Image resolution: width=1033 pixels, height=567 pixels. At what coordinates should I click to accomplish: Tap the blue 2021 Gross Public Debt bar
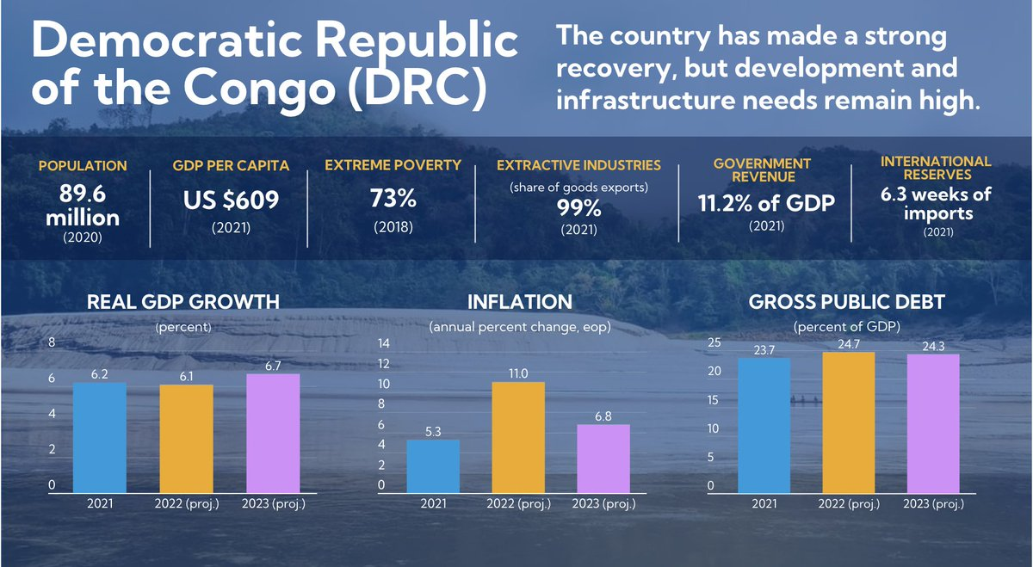point(763,426)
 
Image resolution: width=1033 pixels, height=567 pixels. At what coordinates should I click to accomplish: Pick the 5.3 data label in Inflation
point(433,432)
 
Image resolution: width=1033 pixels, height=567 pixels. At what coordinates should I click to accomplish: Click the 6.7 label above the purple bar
point(273,367)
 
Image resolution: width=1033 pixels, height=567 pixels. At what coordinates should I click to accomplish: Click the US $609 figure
point(231,200)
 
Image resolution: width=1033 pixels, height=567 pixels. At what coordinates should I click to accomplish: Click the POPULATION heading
point(83,166)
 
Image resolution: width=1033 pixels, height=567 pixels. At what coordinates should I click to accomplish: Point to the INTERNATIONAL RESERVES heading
point(936,168)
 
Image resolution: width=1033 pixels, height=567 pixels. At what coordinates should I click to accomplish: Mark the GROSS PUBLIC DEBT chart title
point(847,302)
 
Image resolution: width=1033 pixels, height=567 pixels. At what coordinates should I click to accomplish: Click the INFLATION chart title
point(519,302)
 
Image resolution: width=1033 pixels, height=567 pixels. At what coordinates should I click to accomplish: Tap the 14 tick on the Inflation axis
point(385,343)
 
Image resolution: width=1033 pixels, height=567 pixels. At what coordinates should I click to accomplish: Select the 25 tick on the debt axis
point(714,343)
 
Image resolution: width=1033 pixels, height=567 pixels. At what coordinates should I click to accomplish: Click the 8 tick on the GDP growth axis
point(51,343)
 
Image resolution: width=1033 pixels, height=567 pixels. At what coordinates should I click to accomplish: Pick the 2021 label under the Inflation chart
point(433,503)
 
